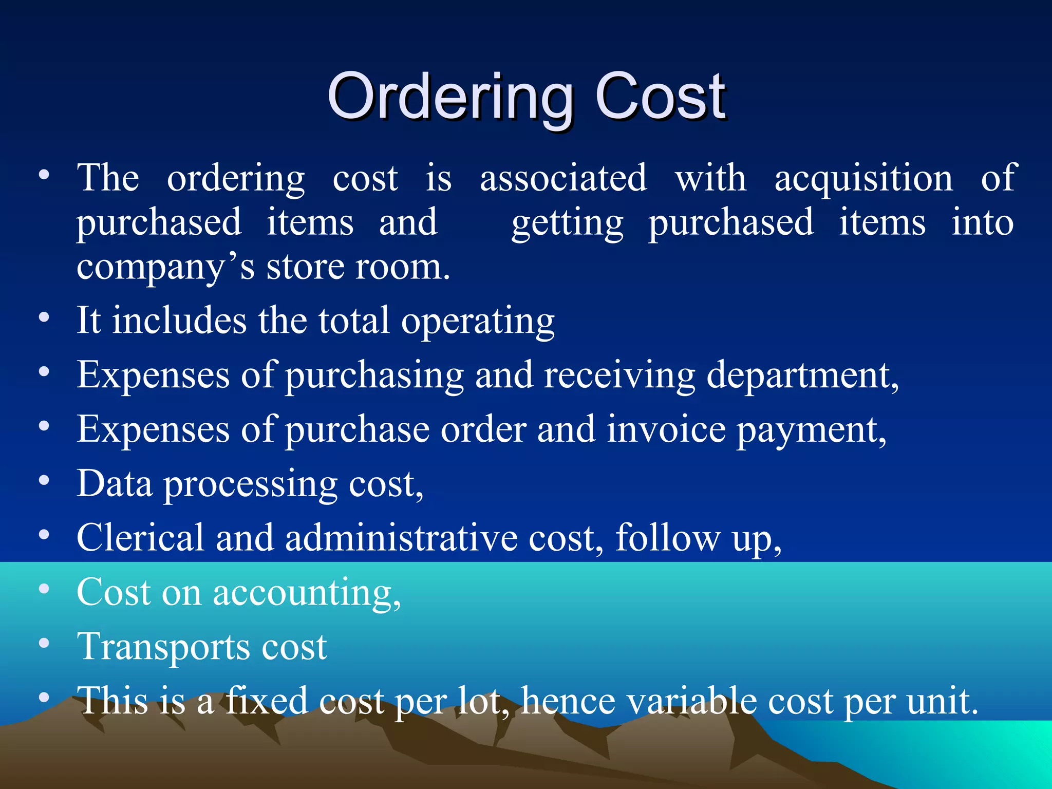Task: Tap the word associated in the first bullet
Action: pyautogui.click(x=563, y=178)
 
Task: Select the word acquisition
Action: pyautogui.click(x=863, y=179)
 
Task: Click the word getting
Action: pyautogui.click(x=567, y=224)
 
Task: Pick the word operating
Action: pyautogui.click(x=478, y=322)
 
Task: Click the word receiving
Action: pyautogui.click(x=619, y=375)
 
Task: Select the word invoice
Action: pyautogui.click(x=666, y=429)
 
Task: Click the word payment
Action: pyautogui.click(x=811, y=430)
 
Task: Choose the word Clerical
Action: pyautogui.click(x=140, y=537)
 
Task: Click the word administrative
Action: pyautogui.click(x=401, y=537)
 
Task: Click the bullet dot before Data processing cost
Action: pyautogui.click(x=44, y=481)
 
